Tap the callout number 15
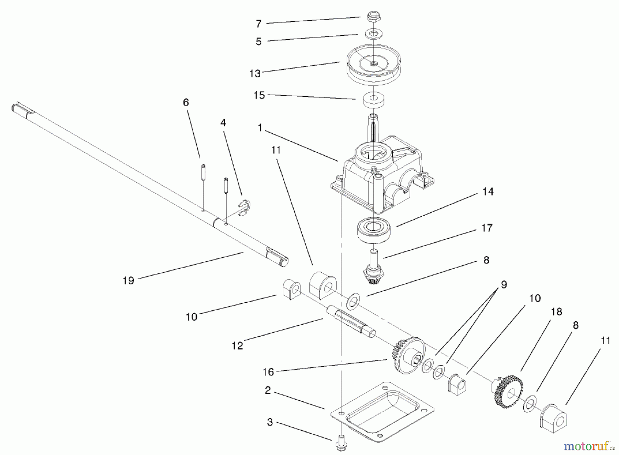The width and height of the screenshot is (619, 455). point(259,95)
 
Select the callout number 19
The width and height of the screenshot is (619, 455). point(128,281)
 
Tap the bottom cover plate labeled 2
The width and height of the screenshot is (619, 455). point(382,411)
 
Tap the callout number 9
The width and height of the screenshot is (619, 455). point(504,285)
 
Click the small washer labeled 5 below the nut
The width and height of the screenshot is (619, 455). point(373,34)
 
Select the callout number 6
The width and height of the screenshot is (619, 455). point(186,102)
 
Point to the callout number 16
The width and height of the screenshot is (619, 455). point(268,372)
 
